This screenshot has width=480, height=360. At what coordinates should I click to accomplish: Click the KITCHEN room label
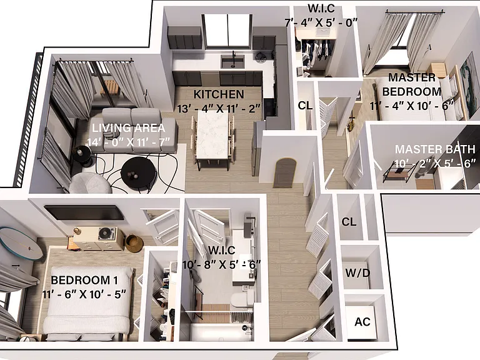coord(219,94)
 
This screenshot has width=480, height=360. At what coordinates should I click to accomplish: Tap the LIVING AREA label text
coord(129,128)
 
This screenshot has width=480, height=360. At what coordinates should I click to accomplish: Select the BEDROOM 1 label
coord(84,280)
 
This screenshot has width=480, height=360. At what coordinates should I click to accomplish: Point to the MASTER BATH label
coord(435,149)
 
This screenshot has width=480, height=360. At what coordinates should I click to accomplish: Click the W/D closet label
coord(357,272)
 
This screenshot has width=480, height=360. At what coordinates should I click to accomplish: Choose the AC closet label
coord(362,322)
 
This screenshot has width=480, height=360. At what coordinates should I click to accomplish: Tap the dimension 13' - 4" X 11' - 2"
coord(219,108)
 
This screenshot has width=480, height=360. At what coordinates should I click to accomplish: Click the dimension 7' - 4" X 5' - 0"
coord(321,22)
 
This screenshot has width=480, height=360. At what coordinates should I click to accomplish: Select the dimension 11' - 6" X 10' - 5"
coord(84,294)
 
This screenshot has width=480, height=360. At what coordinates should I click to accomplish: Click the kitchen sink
coord(232,61)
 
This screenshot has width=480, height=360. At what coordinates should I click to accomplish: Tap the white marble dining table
coord(212,135)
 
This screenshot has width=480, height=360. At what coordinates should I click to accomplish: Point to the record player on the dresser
coord(107,234)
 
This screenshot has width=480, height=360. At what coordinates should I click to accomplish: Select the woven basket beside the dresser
coord(134,243)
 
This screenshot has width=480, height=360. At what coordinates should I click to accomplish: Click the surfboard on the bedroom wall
coord(21,242)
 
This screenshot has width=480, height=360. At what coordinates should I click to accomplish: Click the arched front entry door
coord(284,172)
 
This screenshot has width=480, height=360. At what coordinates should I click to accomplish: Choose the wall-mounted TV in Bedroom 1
coord(84,212)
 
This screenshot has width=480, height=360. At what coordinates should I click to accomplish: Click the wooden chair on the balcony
coord(109,87)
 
